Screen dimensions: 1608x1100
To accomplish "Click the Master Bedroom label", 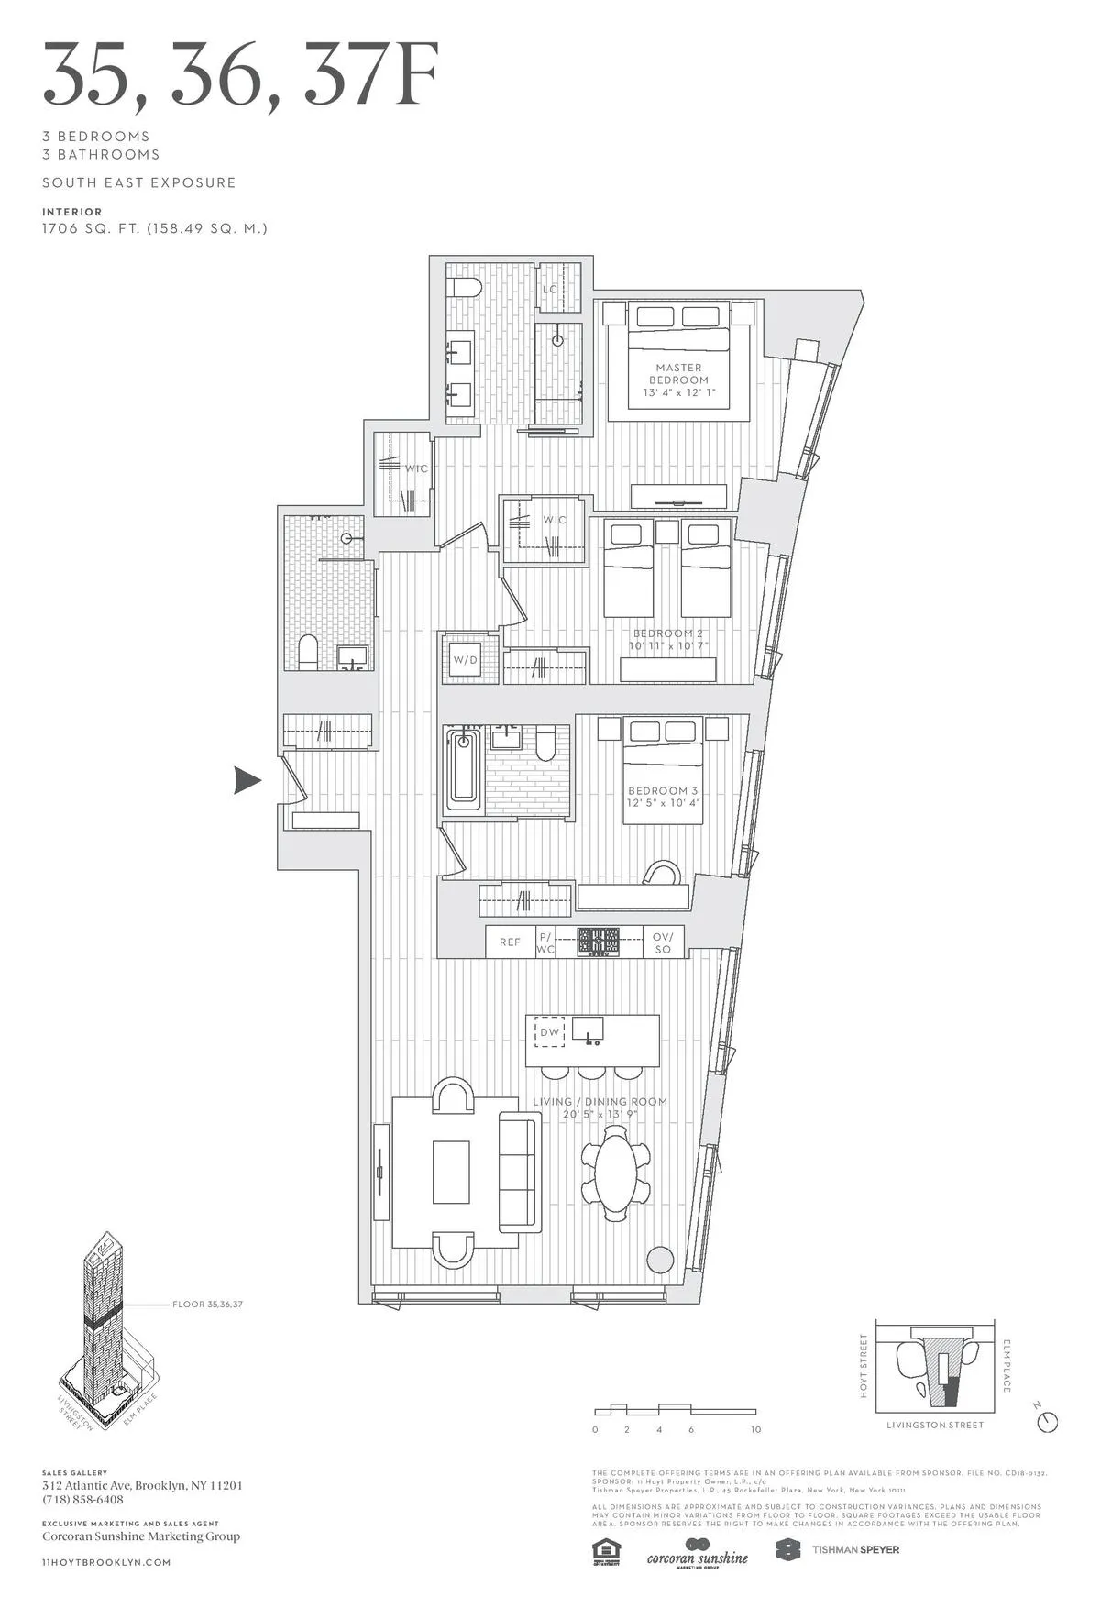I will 678,373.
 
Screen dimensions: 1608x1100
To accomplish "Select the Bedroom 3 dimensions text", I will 663,803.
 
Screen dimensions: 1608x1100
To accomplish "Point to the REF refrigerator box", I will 510,942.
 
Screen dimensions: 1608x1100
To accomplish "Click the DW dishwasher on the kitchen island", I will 549,1032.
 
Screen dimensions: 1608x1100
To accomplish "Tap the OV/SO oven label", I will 663,942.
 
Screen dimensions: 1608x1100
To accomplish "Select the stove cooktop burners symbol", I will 598,942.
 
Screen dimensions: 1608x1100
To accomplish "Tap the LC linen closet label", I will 550,290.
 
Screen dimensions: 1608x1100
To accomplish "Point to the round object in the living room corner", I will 660,1260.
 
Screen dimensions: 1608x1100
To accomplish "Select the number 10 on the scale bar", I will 755,1430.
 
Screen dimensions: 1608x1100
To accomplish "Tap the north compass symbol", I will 1048,1421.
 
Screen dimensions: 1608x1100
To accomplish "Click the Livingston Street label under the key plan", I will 934,1426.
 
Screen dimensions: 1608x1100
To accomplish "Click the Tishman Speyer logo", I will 838,1550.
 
